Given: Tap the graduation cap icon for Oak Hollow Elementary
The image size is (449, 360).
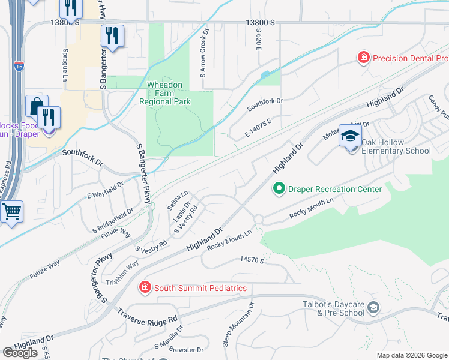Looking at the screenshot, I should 350,136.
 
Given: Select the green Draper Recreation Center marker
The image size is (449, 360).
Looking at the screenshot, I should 279,189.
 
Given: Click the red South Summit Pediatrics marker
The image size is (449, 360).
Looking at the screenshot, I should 144,288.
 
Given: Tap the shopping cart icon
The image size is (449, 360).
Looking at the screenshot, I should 10,212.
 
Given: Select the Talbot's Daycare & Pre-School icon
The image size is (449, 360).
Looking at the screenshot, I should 373,308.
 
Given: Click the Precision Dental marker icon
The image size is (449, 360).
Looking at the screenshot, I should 363,58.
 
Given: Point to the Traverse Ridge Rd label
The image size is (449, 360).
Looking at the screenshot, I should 148,316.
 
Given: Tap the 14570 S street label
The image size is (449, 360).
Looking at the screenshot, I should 252,260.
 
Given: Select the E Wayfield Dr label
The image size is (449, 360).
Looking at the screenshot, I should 105,190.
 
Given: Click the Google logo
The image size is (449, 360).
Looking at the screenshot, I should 20,353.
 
